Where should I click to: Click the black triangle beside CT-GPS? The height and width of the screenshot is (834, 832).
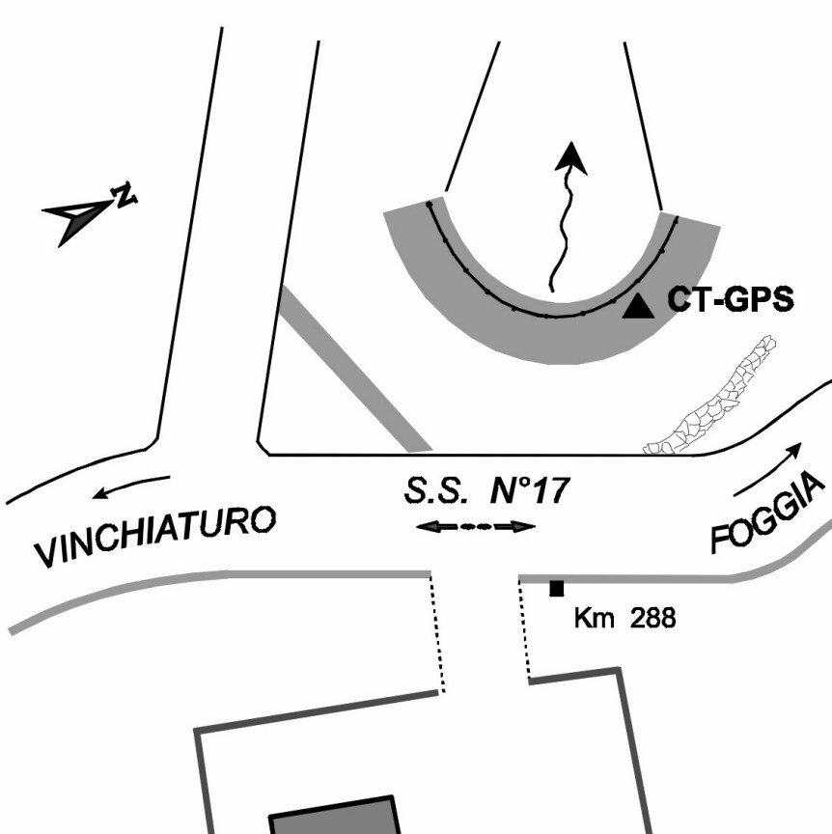636,307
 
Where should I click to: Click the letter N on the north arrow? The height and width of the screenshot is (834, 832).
124,195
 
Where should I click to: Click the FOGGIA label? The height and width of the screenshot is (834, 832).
770,515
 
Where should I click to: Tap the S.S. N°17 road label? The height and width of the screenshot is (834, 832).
486,490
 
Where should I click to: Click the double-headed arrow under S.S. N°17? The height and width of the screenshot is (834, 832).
475,527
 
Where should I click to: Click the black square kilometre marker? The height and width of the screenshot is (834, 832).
556,588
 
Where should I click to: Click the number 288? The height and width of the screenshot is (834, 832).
652,617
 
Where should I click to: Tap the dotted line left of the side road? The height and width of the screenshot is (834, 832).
437,632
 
